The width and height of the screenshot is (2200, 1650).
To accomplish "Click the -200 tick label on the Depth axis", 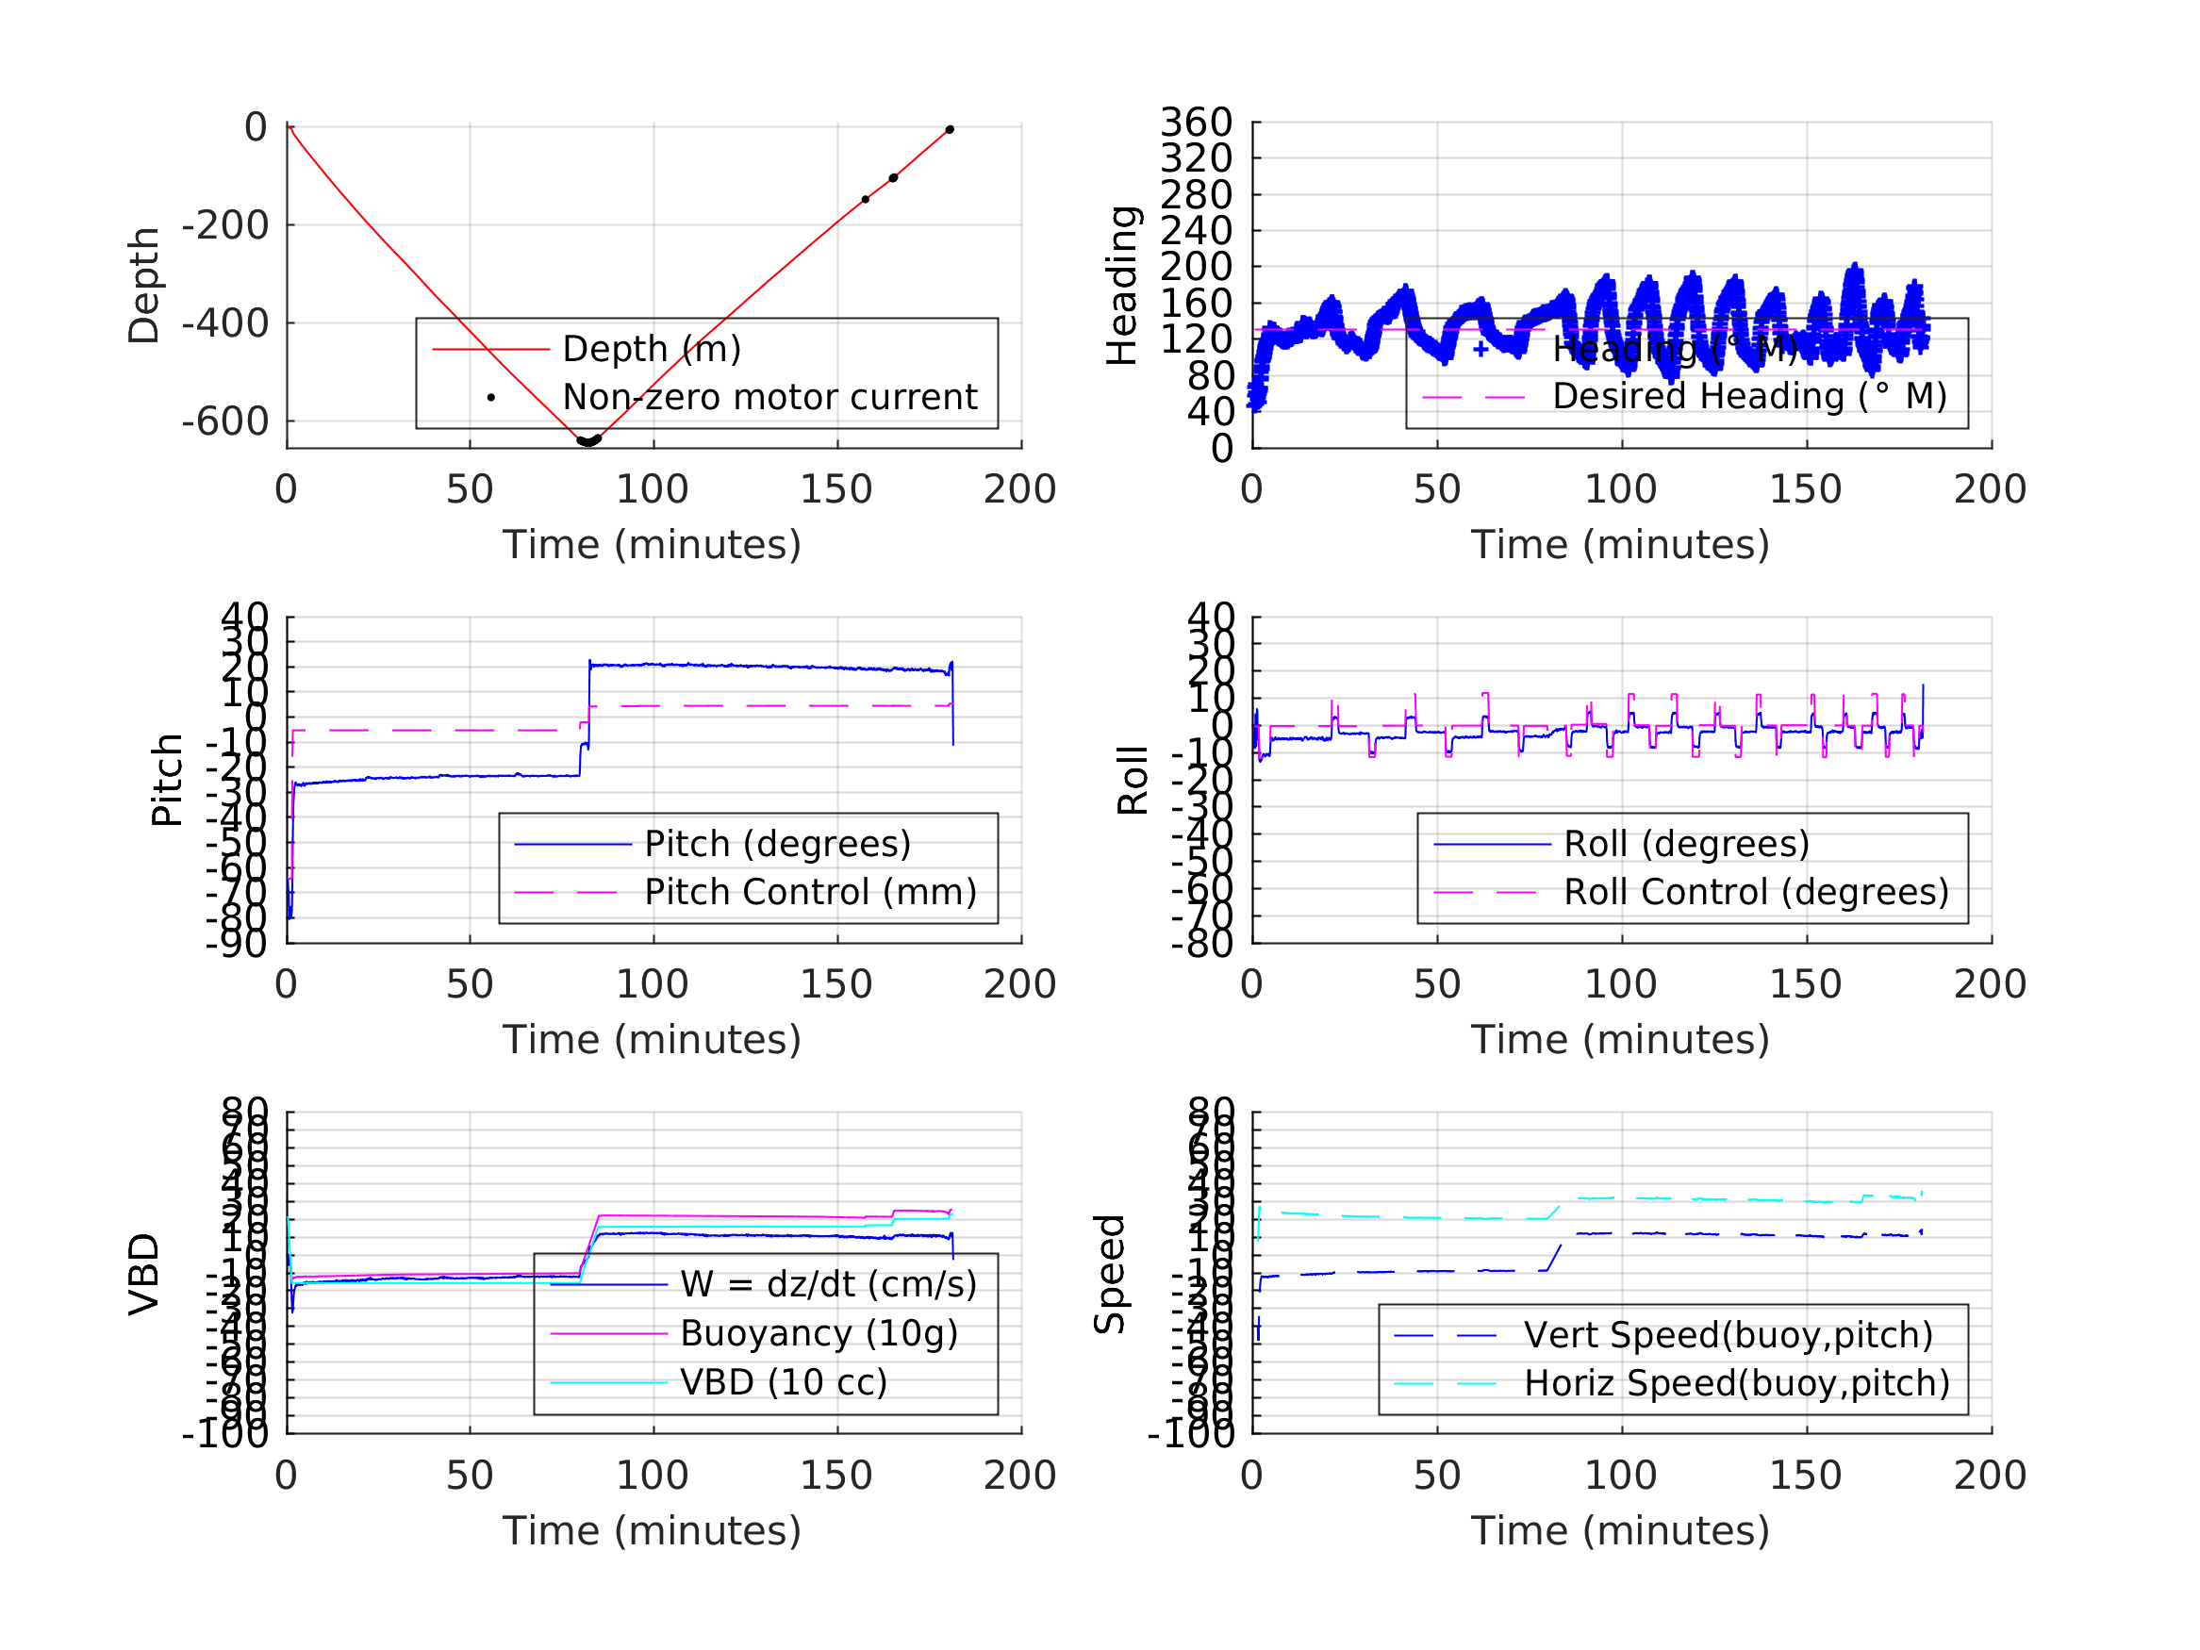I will [224, 225].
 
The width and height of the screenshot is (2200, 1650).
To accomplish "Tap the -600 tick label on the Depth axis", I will [224, 421].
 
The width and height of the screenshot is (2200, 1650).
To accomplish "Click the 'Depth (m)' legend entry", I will [652, 349].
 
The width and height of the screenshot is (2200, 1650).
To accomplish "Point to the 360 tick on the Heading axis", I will [1197, 124].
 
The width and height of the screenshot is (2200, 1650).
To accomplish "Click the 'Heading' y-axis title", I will [1122, 286].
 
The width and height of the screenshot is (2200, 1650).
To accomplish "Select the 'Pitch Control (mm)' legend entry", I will [810, 892].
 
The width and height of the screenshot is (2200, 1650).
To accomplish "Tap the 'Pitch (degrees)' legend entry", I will [777, 845].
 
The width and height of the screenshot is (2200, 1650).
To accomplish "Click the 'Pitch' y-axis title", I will [167, 781].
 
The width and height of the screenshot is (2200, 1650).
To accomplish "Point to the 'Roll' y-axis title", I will [1133, 781].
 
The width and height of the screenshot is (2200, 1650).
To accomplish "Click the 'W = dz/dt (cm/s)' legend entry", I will [828, 1285].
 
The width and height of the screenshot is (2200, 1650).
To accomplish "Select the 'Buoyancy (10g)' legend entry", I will [818, 1334].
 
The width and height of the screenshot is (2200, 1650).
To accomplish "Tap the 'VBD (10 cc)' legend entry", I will [783, 1382].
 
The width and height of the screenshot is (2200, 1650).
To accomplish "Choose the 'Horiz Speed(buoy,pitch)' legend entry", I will [1735, 1383].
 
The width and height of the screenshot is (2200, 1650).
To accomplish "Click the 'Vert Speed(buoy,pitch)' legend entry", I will [1728, 1336].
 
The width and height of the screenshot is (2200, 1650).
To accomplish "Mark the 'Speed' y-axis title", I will [1110, 1274].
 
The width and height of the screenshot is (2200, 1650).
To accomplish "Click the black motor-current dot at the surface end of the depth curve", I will [950, 130].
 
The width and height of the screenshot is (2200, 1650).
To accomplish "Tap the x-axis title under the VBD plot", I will [652, 1530].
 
